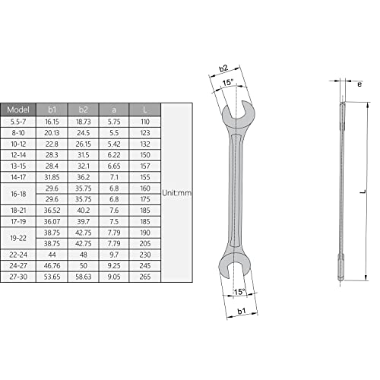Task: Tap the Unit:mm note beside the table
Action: pyautogui.click(x=177, y=193)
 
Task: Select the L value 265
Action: pyautogui.click(x=146, y=278)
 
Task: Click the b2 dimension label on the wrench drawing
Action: pyautogui.click(x=225, y=68)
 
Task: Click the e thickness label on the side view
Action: pyautogui.click(x=358, y=84)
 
